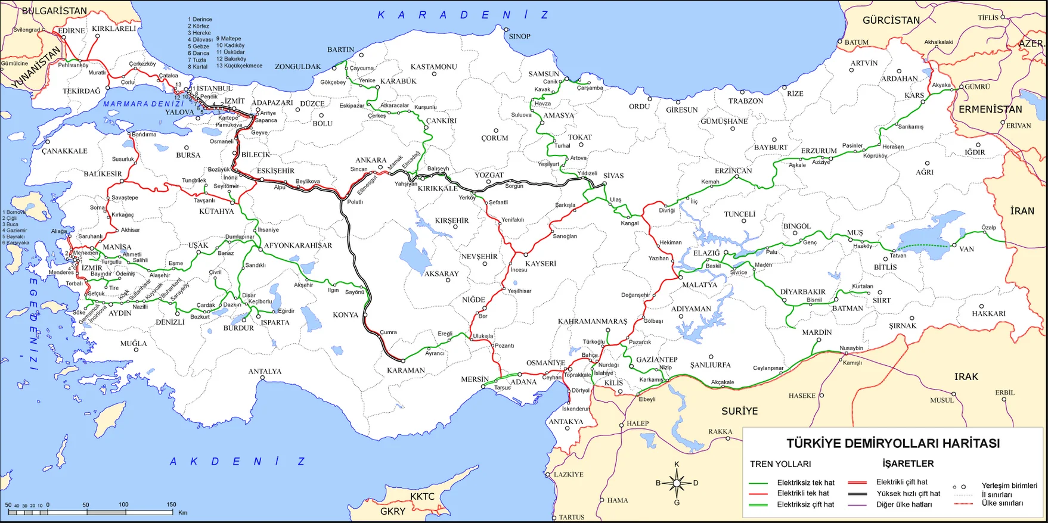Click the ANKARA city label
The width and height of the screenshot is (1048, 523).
click(x=371, y=160)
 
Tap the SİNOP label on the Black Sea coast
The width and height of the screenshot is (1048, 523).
click(x=519, y=36)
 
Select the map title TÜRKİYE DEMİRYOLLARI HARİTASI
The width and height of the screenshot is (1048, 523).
click(x=893, y=443)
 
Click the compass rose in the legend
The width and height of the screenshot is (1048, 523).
click(x=677, y=483)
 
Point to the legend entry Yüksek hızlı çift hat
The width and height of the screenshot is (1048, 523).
click(x=908, y=493)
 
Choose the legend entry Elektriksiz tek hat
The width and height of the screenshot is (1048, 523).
click(x=805, y=482)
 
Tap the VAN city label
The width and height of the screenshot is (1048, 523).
click(x=966, y=249)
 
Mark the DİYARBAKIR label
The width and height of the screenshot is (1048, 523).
click(x=803, y=292)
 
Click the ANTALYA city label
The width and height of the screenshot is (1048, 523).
click(x=265, y=371)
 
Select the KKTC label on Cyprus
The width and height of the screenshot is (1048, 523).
click(x=422, y=496)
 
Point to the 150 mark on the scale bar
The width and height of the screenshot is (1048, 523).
click(x=171, y=505)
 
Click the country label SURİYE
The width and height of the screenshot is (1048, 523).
click(x=739, y=411)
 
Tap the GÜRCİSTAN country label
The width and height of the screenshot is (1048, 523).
click(x=891, y=20)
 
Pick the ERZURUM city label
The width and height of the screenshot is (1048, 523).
click(x=818, y=151)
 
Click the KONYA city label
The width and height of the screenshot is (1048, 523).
click(x=345, y=315)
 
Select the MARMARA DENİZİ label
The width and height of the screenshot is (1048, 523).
click(x=144, y=104)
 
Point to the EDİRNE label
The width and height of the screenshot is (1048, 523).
click(x=71, y=30)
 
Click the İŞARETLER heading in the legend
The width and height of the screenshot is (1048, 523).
click(x=908, y=463)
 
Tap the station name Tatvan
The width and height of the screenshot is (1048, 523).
click(x=898, y=256)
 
